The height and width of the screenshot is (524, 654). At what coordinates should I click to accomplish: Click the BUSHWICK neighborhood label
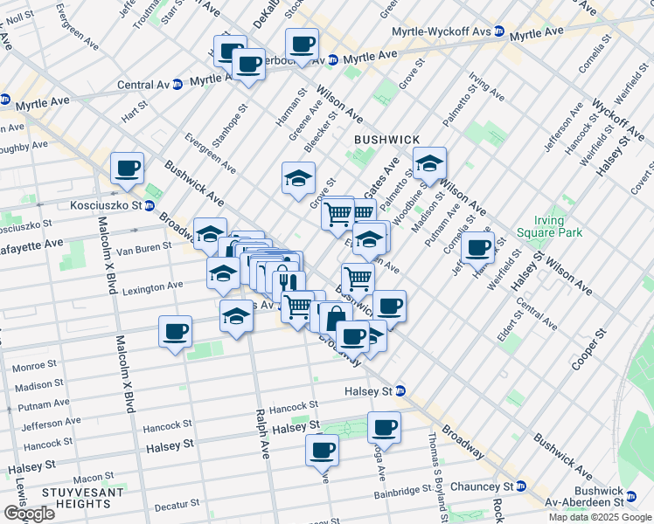coord(386,140)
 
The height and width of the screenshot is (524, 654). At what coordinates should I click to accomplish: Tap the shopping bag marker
coord(335,315)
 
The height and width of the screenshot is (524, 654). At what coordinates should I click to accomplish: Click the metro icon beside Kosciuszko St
coord(150,206)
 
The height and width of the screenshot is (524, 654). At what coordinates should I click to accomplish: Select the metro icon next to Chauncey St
coord(521,486)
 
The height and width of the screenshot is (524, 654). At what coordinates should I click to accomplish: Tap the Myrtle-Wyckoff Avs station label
coord(442,31)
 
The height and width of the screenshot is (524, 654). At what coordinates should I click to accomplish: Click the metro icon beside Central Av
coord(177,85)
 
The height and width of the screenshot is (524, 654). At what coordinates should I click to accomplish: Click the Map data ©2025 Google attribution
coord(600,517)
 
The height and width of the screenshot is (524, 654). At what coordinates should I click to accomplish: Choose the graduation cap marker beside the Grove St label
coord(298,178)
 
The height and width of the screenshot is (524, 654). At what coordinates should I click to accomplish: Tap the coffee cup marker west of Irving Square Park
coord(477,248)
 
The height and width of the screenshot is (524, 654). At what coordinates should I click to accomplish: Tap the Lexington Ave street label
coord(152,286)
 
